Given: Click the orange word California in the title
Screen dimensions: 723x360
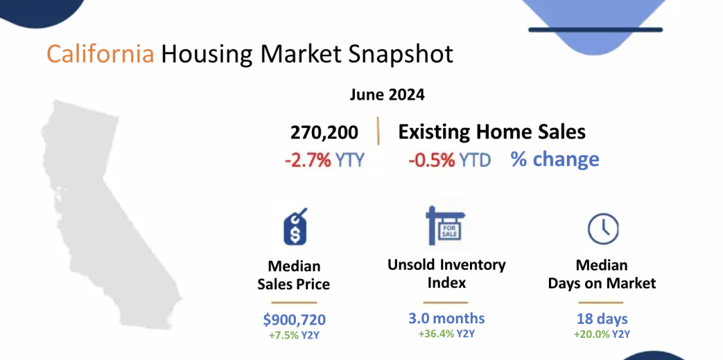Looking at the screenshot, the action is click(x=100, y=54).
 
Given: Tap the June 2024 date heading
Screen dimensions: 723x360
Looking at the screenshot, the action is click(x=387, y=95).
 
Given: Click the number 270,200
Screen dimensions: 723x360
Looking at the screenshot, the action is click(x=324, y=132).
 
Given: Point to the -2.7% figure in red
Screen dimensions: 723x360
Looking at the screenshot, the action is click(x=307, y=161).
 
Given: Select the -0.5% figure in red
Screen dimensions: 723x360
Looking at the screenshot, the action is click(x=432, y=161).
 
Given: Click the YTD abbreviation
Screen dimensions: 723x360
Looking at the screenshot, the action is click(x=475, y=161).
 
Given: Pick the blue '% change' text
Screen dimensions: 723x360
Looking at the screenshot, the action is click(x=555, y=159).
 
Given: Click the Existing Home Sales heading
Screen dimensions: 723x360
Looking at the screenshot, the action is click(x=492, y=132).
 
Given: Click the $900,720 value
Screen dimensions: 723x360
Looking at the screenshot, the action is click(x=294, y=319).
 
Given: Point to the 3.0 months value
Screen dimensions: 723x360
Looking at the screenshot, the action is click(x=447, y=318).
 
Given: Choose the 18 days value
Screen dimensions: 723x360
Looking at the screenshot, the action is click(x=602, y=319).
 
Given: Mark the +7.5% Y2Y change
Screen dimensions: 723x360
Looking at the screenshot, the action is click(x=294, y=335).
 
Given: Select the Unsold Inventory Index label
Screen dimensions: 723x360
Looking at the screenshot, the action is click(x=447, y=273).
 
